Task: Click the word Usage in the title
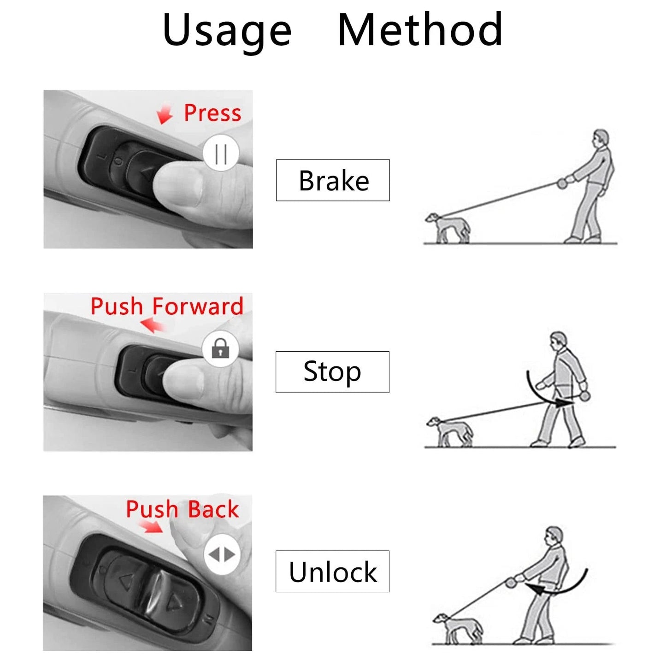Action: pos(227,30)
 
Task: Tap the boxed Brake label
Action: pos(333,180)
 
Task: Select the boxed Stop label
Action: pos(332,371)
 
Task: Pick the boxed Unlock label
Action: pos(332,571)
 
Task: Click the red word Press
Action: pos(212,113)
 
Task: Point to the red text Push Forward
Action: pos(167,306)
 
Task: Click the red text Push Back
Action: pos(183,509)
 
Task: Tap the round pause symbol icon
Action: pos(221,153)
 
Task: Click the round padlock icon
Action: pos(220,348)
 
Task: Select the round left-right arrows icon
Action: pos(222,554)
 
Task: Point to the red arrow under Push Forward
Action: pos(153,325)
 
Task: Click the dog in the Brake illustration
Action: pos(447,227)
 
